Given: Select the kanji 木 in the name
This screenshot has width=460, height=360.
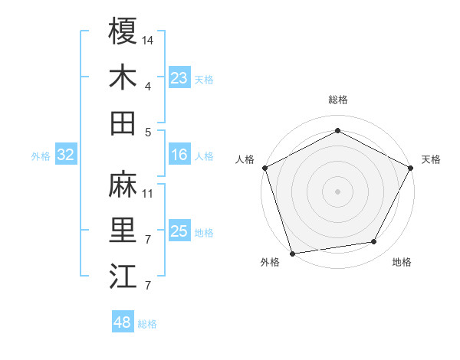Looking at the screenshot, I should coord(123,77).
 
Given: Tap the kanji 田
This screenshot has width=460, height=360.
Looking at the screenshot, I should coord(123,123).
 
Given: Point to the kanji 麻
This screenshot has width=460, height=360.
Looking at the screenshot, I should coord(123,184).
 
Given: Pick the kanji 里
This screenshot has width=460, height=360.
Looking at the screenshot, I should coord(123,230).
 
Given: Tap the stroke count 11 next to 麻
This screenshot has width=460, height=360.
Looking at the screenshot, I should coord(148,193).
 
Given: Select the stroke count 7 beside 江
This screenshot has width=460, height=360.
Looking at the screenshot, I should coord(147,286).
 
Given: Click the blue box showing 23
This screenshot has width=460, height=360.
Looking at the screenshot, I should coord(179,78).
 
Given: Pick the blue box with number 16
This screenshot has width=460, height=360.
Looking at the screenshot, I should coord(179,155).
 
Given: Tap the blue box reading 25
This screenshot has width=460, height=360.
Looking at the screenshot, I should coord(179,232).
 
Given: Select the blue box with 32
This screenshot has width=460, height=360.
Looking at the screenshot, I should coord(65,155).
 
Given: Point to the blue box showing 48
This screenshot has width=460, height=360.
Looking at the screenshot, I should coord(122,322).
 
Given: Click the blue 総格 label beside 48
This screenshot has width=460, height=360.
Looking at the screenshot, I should coord(147,324).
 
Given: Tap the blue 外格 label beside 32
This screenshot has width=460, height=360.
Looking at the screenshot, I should coord(41,156).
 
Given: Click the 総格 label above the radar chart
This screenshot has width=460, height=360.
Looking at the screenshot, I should coord(337,100).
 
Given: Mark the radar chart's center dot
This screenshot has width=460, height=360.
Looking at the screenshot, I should coord(337,191).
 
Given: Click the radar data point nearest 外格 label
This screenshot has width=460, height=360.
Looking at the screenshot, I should coord(292,253).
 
